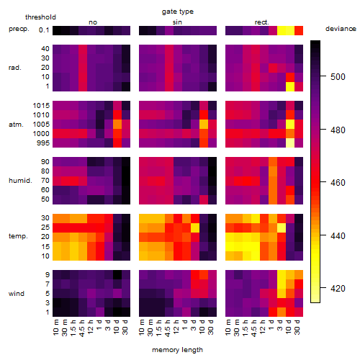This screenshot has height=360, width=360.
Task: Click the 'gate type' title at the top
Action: tap(178, 12)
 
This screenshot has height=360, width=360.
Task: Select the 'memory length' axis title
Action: tap(177, 350)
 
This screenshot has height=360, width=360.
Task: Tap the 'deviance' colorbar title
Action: tap(341, 29)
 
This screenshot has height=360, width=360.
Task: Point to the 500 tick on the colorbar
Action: tap(323, 76)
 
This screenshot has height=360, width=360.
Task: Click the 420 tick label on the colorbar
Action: tap(338, 288)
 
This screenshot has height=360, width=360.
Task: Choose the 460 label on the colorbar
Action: tap(338, 183)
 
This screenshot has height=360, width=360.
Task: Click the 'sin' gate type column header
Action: tap(177, 22)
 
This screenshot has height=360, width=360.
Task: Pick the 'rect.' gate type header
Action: tap(262, 22)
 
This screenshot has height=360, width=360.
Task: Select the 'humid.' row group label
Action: tap(20, 181)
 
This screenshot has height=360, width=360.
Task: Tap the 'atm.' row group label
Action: tap(16, 125)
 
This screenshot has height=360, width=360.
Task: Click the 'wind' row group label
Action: tap(17, 293)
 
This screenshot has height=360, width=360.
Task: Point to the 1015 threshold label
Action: tap(41, 106)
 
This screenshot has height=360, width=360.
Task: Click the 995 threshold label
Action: tap(43, 143)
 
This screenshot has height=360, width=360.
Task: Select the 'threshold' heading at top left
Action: tap(40, 17)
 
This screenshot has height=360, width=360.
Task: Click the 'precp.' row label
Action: tap(19, 30)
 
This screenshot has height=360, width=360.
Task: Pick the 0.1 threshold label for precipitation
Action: tap(44, 30)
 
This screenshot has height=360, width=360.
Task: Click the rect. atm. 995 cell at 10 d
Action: tap(290, 143)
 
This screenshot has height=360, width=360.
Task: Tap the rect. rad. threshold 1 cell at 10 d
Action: tap(290, 86)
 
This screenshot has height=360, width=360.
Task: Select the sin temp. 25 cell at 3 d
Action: tap(195, 228)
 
